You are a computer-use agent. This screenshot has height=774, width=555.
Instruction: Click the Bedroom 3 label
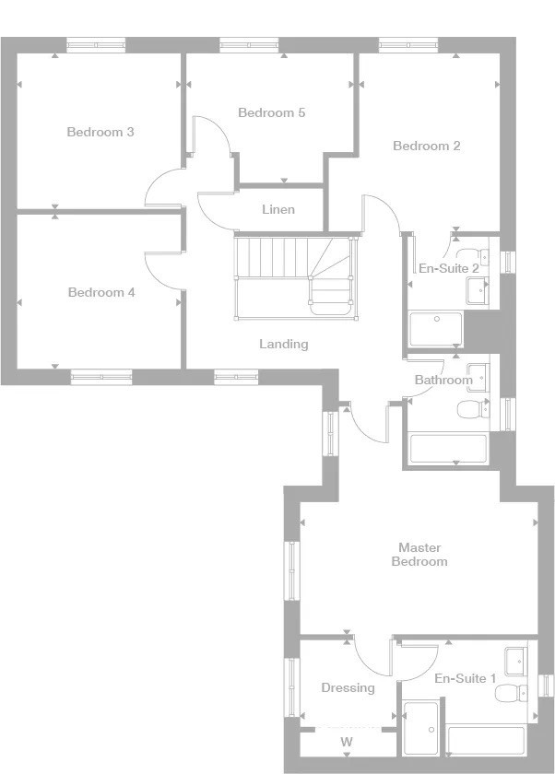(x=100, y=132)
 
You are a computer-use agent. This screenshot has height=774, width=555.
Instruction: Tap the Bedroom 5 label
(x=272, y=112)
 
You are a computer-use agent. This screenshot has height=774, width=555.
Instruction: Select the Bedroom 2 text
(x=427, y=146)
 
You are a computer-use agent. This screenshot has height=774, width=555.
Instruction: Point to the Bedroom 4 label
(x=101, y=292)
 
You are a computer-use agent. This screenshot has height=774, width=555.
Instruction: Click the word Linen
(x=278, y=209)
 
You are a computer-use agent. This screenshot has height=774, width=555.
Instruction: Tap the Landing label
(x=284, y=344)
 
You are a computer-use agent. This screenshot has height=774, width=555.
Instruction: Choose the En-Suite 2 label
(x=449, y=268)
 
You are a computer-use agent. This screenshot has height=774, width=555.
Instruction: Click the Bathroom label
(x=443, y=380)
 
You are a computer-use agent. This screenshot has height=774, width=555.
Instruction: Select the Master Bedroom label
(x=419, y=555)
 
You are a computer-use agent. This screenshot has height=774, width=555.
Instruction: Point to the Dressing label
(x=348, y=688)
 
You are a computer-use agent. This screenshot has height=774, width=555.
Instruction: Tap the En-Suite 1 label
(x=466, y=679)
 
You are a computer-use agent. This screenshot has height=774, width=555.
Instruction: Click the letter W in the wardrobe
(x=347, y=742)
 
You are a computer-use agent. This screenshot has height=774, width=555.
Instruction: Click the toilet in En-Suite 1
(x=511, y=693)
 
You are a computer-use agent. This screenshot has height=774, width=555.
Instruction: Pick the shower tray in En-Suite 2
(x=436, y=328)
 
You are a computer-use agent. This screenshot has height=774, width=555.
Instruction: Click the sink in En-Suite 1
(x=516, y=661)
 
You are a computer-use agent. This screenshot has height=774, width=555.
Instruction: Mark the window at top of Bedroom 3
(x=96, y=45)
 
